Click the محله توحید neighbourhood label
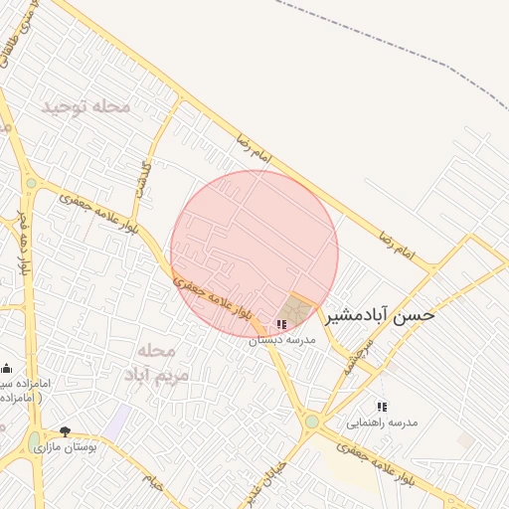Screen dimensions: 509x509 [x=86, y=105]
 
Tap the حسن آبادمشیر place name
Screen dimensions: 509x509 [x=381, y=315]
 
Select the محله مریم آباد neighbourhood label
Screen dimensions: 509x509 [x=150, y=362]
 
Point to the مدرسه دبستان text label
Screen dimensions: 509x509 [x=281, y=340]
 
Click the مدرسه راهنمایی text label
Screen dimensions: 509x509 [x=382, y=423]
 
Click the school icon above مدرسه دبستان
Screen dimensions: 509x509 [x=281, y=325]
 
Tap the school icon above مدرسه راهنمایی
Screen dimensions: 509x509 [x=382, y=407]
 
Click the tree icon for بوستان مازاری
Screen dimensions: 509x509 [x=66, y=431]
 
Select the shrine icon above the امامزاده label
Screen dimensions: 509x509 [x=7, y=369]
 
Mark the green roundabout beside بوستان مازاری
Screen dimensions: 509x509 [x=35, y=439]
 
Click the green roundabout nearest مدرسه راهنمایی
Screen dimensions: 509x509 [x=312, y=422]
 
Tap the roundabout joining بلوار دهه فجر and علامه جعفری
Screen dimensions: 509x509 [x=31, y=183]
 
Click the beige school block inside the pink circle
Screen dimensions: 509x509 [x=293, y=309]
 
